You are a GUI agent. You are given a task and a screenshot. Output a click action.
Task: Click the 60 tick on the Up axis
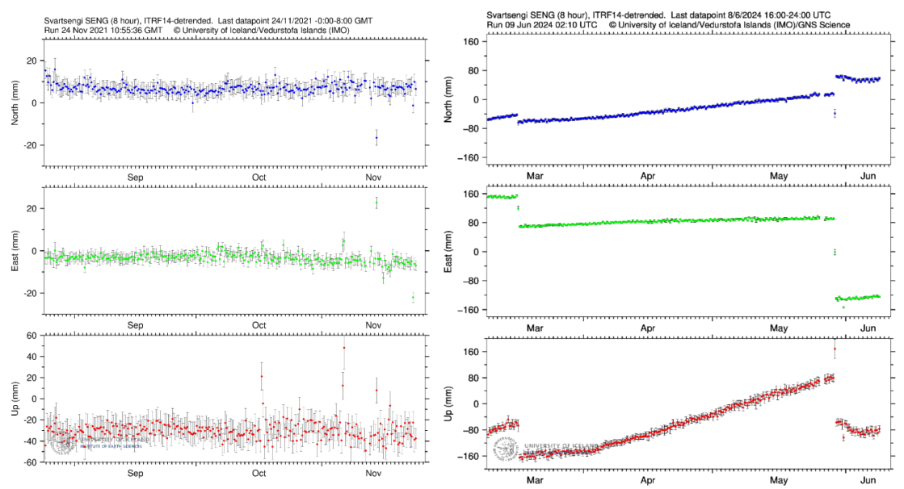coord(32,335)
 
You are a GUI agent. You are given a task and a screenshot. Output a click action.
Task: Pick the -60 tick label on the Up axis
coord(30,462)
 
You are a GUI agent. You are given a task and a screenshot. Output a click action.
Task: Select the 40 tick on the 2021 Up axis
coord(32,356)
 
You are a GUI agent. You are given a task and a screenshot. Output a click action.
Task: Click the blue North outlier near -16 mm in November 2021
coord(376,138)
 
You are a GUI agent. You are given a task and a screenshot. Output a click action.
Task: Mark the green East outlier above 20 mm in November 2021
coord(376,203)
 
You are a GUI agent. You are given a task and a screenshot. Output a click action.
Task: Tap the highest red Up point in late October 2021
coord(344,348)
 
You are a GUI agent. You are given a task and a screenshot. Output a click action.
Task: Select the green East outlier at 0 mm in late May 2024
coord(835,252)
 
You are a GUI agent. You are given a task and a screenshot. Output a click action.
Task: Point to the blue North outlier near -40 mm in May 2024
coord(835,114)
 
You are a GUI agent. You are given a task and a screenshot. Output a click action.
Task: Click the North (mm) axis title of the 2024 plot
coord(451,100)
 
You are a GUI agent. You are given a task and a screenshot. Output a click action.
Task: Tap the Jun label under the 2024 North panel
coord(869,174)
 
